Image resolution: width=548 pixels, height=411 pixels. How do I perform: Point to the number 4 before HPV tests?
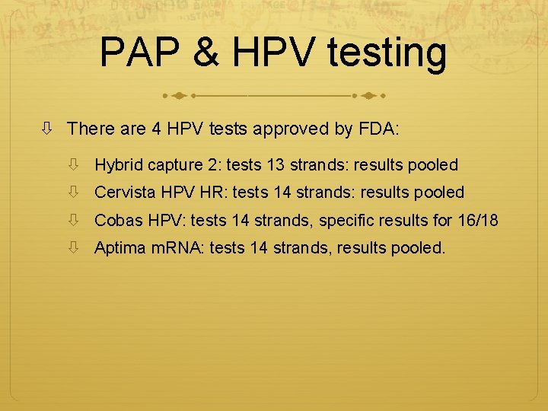(x=156, y=129)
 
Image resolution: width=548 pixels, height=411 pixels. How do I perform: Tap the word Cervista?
(x=125, y=193)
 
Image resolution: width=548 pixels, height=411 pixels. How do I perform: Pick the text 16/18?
(x=479, y=221)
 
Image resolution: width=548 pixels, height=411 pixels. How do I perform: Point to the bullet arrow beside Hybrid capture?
(x=74, y=164)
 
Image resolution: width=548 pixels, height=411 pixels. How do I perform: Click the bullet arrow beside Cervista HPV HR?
(x=74, y=193)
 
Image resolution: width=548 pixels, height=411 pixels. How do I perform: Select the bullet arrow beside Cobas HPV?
(x=74, y=221)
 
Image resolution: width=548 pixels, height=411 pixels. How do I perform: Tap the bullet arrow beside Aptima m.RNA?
(x=74, y=248)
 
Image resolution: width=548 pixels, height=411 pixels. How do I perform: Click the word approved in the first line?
(x=294, y=129)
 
